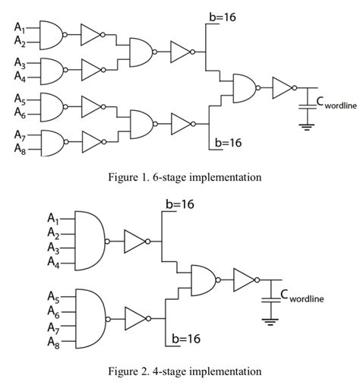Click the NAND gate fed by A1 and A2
[50, 33]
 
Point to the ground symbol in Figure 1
[307, 126]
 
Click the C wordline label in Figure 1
[328, 103]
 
